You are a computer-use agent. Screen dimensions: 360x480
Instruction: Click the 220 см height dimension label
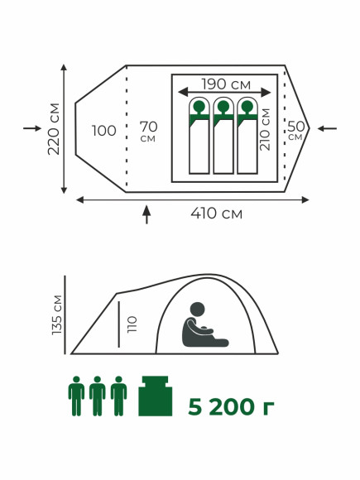(54, 129)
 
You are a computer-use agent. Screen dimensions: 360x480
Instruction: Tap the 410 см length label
(217, 214)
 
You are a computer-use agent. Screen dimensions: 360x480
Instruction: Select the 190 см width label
(226, 84)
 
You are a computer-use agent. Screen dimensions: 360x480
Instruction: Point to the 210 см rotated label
(265, 129)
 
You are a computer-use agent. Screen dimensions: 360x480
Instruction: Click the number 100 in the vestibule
(104, 131)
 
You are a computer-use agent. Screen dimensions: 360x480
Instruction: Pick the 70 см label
(148, 132)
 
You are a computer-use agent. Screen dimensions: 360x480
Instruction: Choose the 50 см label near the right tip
(295, 131)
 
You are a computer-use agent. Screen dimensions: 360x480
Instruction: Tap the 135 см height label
(57, 314)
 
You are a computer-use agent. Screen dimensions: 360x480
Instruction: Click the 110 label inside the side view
(132, 324)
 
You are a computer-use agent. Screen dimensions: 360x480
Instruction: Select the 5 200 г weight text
(231, 407)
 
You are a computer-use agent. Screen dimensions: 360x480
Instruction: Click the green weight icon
(156, 396)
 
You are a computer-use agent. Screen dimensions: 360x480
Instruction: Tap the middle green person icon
(98, 396)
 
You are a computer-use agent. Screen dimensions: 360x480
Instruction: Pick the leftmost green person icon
(76, 396)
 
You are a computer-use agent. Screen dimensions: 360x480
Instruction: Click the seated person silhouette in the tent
(203, 325)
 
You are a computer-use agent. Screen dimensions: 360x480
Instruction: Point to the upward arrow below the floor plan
(146, 214)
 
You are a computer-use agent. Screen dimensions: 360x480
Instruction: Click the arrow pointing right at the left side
(32, 128)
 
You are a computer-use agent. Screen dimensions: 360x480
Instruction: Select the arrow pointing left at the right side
(327, 128)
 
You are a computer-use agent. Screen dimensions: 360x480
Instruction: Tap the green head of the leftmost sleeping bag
(199, 107)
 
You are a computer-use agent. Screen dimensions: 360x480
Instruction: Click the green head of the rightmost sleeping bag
(247, 107)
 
